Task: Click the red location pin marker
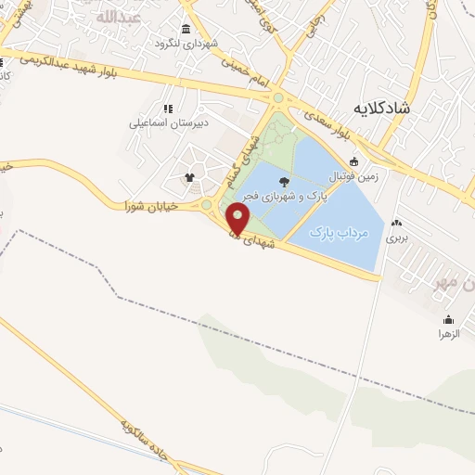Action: click(239, 220)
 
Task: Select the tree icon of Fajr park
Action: click(283, 182)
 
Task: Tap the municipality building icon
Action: click(186, 30)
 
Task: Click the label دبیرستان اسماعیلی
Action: click(168, 122)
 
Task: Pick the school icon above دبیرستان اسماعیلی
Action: click(168, 109)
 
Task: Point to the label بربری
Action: click(397, 237)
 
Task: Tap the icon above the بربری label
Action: click(397, 224)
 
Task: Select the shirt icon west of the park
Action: click(191, 176)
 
